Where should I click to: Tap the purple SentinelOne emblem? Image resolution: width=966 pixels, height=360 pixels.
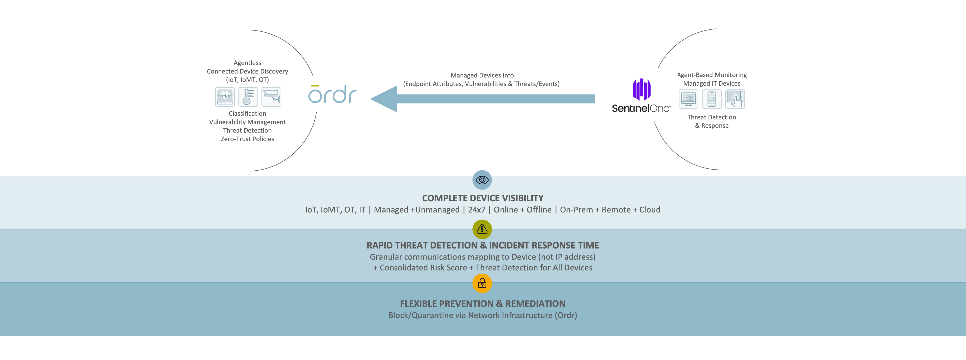642,89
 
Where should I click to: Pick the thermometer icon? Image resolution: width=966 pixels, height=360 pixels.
248,97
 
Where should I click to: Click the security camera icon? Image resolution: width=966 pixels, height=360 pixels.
271,97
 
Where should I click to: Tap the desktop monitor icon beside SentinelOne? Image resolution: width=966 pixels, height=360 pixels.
688,99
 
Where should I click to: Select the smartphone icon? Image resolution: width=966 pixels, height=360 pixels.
712,99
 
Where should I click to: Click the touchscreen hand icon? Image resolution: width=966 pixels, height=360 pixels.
735,99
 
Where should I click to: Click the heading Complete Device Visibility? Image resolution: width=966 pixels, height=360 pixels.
483,198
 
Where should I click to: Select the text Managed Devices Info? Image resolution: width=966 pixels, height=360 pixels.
482,75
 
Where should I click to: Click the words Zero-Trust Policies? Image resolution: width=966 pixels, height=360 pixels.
247,139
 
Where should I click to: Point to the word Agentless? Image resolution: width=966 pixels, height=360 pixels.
247,63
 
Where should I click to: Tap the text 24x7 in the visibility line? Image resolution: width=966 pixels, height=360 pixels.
477,210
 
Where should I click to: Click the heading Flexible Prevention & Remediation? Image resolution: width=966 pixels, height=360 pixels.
483,304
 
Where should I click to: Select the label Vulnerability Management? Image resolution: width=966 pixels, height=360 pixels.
247,122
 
